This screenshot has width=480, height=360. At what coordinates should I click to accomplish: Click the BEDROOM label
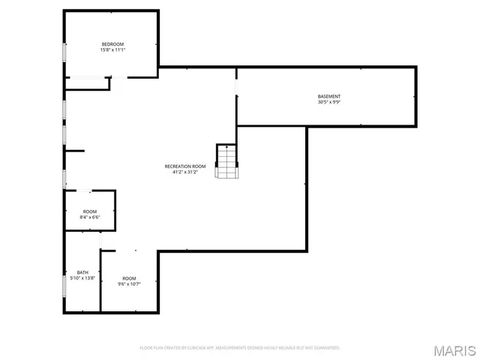click(x=112, y=43)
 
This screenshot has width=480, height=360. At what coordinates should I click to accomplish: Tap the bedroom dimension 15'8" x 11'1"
click(x=112, y=49)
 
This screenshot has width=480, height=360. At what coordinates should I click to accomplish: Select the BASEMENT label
click(x=328, y=96)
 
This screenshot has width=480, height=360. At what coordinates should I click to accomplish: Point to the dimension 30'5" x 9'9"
click(x=328, y=102)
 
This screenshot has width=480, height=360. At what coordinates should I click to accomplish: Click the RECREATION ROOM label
click(x=185, y=166)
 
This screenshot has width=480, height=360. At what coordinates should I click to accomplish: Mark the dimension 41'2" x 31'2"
click(x=185, y=172)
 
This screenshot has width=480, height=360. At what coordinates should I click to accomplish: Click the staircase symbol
click(x=226, y=160)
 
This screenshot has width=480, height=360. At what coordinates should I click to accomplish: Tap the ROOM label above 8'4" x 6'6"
click(x=90, y=211)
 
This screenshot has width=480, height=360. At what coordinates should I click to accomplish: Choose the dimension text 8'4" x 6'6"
click(x=90, y=217)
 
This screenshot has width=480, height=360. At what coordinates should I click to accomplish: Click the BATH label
click(x=82, y=272)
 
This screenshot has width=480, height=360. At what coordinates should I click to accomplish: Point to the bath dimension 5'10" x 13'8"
click(x=82, y=278)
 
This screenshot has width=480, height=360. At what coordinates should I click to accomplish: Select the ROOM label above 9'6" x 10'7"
click(x=130, y=278)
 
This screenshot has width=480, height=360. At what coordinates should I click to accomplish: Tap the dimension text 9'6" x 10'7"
click(x=130, y=284)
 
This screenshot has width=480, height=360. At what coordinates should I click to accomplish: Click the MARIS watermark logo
click(x=454, y=350)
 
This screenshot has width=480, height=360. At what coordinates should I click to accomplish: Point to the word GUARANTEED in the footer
click(x=327, y=348)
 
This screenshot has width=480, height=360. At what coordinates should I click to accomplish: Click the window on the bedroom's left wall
click(x=64, y=52)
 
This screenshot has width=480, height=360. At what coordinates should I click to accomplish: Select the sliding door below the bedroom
click(x=88, y=76)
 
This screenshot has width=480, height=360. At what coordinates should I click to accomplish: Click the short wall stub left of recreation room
click(x=74, y=151)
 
